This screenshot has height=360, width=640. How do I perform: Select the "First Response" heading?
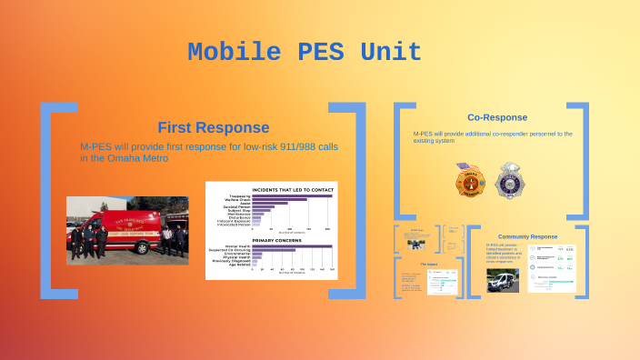click(213, 127)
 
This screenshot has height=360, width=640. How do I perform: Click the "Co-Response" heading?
click(496, 117)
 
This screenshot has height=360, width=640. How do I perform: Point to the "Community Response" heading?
click(527, 236)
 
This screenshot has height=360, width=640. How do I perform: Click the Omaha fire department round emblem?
click(467, 179)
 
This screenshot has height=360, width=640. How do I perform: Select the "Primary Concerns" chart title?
click(269, 240)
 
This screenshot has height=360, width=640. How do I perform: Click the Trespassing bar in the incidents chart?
click(291, 195)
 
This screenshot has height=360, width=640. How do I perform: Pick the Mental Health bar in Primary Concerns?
click(291, 246)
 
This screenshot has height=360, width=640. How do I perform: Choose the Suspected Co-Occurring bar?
click(281, 251)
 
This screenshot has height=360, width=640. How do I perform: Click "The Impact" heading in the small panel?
click(430, 265)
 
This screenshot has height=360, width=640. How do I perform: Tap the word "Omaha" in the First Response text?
click(127, 158)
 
